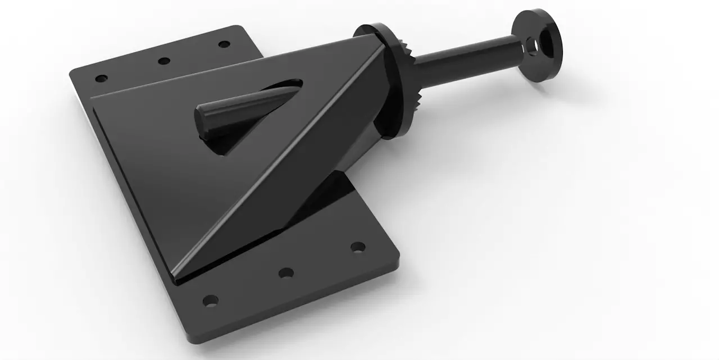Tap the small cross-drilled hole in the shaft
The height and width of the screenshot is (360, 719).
coord(529,51)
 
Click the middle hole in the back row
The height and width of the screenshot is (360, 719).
coord(164,61)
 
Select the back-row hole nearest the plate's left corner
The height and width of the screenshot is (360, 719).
coord(101,78)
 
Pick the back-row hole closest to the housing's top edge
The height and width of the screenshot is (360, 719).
coord(224,44)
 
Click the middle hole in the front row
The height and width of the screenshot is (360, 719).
coord(286,273)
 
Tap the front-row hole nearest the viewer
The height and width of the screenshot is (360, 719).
coord(210,300)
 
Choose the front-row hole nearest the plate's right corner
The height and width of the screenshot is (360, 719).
coord(357,247)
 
